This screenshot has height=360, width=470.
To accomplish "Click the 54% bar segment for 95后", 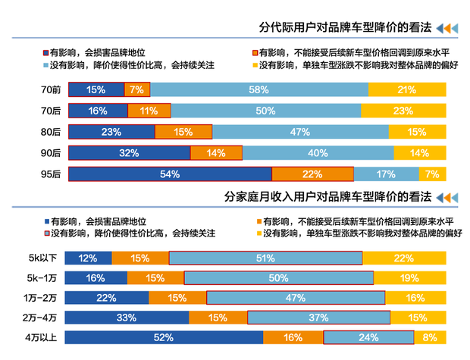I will (170, 174).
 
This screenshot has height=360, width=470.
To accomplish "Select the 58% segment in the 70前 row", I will (258, 90).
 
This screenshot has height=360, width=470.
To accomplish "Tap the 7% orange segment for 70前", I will (136, 90).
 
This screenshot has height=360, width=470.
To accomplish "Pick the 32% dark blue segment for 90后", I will (129, 153).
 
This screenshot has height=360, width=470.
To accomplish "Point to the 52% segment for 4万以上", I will (164, 338).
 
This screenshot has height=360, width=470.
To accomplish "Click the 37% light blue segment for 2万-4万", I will (318, 318).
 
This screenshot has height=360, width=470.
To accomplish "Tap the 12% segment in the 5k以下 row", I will (88, 258).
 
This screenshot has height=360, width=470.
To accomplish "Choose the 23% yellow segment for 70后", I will (403, 111).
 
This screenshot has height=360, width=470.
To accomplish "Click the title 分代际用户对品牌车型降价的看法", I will (345, 27).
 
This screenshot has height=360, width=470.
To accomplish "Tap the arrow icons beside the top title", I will (448, 28).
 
